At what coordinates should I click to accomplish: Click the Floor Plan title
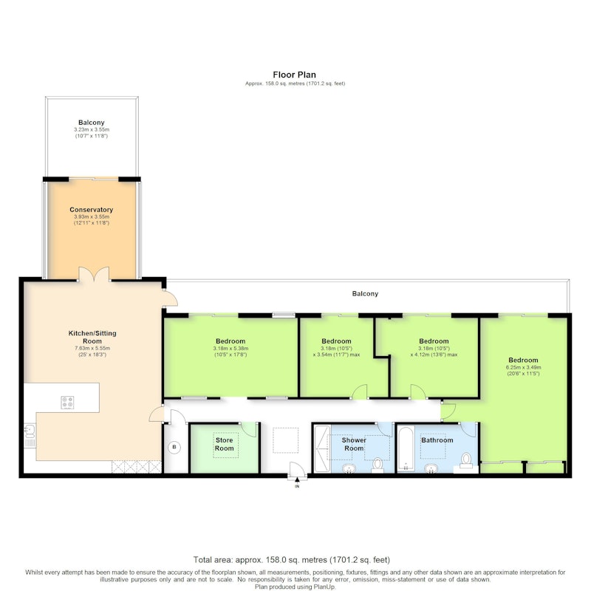pos(294,75)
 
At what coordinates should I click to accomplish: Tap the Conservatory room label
pos(91,210)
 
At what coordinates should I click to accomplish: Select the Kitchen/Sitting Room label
pos(92,337)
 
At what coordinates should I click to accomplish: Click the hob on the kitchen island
pos(67,402)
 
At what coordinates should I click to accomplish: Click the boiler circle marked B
pos(174,448)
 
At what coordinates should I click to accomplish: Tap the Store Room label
pos(225,444)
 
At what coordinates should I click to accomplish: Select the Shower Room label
pos(354,444)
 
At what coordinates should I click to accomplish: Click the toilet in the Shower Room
pos(378,465)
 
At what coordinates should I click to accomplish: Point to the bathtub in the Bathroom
pos(406,448)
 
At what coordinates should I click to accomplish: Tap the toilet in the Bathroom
pos(466,460)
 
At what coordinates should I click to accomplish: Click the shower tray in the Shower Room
pos(322,448)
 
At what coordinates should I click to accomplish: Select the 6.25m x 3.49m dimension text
pos(523,367)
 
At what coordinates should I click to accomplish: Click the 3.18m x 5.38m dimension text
pos(230,348)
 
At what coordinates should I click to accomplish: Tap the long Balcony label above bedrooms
pos(365,293)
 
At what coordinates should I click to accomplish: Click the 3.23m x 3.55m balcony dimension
pos(92,129)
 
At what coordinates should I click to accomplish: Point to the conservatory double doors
pos(94,273)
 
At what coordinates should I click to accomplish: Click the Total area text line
pos(292,560)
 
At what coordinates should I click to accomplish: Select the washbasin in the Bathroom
pos(431,468)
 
